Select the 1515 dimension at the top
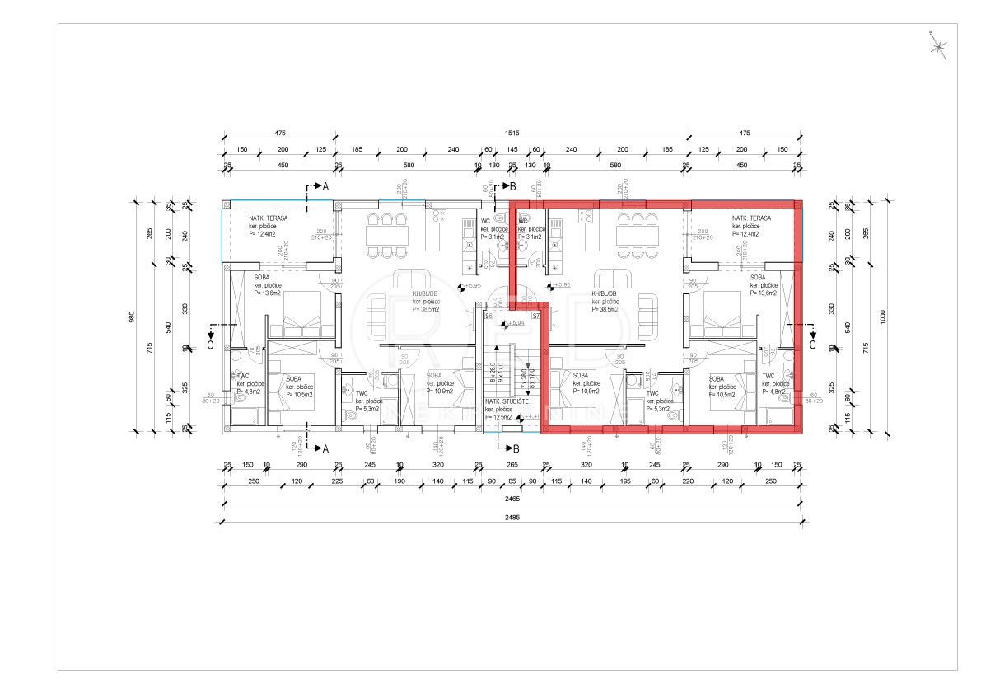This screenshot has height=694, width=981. [512, 133]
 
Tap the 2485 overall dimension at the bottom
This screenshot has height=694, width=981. [512, 517]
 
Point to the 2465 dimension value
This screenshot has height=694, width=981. [512, 499]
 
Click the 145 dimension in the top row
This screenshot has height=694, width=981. [512, 149]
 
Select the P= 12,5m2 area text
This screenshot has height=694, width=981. [500, 416]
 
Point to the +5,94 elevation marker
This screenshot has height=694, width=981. [516, 323]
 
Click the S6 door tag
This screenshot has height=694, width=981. [488, 316]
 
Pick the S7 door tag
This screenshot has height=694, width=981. [535, 316]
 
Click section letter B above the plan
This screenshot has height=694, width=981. [512, 188]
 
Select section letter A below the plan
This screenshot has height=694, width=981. [325, 448]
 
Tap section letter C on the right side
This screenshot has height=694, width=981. [812, 346]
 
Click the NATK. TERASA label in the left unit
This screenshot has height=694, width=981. [269, 218]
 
